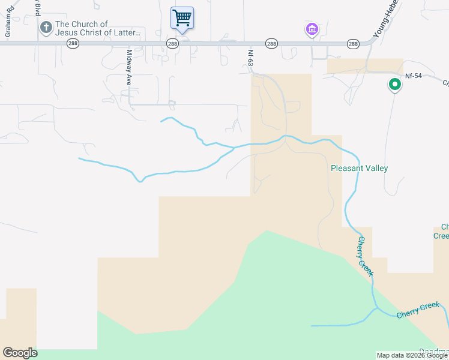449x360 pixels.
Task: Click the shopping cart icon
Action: [182, 17]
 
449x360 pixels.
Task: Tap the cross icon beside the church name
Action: [46, 28]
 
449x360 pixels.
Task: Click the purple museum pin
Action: [312, 29]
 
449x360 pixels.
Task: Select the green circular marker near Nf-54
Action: [394, 85]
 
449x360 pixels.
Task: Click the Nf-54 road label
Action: [414, 76]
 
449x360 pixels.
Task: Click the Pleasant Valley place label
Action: [359, 169]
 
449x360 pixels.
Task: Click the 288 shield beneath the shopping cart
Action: [172, 44]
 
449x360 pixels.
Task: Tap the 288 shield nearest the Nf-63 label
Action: [271, 44]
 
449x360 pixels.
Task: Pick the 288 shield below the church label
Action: [73, 44]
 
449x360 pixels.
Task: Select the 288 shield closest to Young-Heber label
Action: [353, 44]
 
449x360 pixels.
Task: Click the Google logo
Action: [20, 353]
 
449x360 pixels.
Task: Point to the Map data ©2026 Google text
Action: [412, 355]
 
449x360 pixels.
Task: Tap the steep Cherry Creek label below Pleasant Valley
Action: [366, 256]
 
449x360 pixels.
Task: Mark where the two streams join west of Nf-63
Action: [234, 148]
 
